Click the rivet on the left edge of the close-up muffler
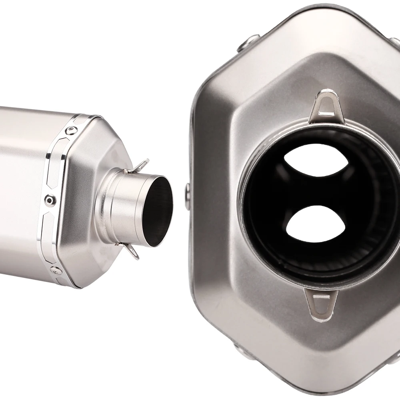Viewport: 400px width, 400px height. point(188,192)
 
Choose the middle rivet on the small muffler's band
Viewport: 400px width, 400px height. point(49,198)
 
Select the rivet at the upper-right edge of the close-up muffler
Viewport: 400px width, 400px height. point(394,42)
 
